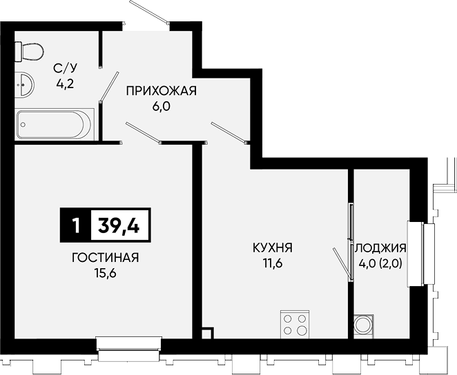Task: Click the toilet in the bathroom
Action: [x=29, y=52]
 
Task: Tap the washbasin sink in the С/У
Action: [x=24, y=85]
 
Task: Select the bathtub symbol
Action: [x=55, y=125]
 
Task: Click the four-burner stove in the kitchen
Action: [x=295, y=325]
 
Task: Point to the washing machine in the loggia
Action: [x=364, y=327]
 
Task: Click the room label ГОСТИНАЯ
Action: [x=106, y=258]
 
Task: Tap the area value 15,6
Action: [x=105, y=273]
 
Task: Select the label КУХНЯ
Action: [x=273, y=248]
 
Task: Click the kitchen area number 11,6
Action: [x=273, y=263]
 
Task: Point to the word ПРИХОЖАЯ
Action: [x=161, y=91]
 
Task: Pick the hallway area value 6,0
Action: [x=161, y=106]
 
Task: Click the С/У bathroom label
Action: [x=66, y=69]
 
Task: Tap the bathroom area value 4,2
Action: [x=66, y=84]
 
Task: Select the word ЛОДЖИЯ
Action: [x=380, y=248]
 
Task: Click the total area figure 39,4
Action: [x=119, y=225]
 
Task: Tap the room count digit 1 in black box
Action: [x=76, y=225]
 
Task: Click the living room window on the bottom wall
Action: [x=129, y=349]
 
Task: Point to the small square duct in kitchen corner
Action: [x=207, y=334]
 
